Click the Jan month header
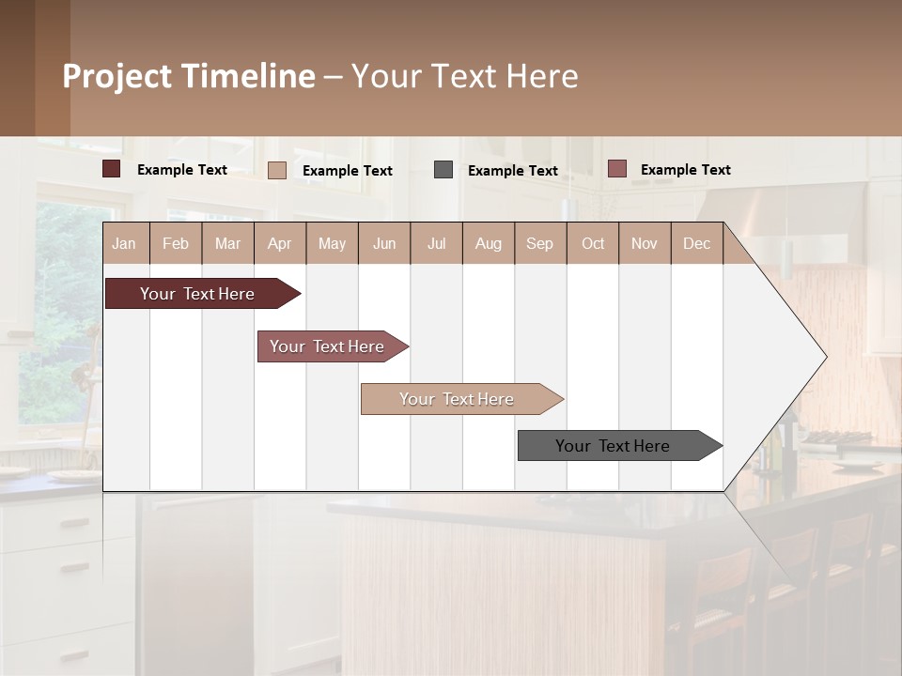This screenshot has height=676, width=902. pos(124,243)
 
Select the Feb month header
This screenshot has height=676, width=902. pos(176,243)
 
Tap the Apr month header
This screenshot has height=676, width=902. pos(279,243)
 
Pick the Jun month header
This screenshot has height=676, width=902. pos(384,243)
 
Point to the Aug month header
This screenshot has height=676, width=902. pos(488,243)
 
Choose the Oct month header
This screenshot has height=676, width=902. pos(593,243)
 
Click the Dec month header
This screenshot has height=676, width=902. pos(696,243)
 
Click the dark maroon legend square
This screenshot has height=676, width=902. pos(112,169)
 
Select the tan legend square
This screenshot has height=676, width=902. pos(277,170)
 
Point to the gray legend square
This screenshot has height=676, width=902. pos(443,170)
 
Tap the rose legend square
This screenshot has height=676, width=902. pos(616,169)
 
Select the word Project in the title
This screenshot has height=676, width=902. pos(117,76)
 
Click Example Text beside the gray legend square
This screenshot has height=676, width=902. pos(512,171)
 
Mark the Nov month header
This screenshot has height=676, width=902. pos(645,243)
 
